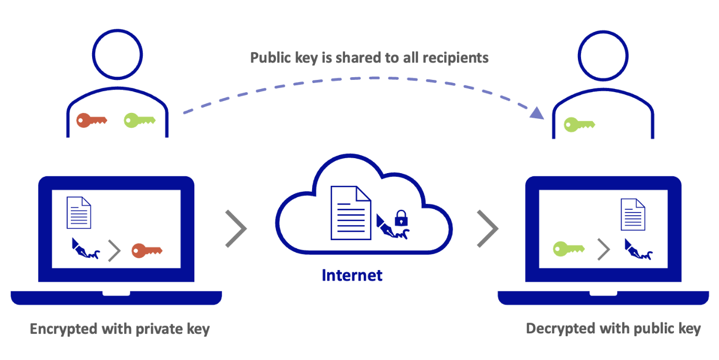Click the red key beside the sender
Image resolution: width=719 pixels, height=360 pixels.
click(91, 120)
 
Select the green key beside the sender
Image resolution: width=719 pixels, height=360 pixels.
click(139, 120)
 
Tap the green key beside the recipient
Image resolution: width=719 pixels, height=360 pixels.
click(579, 125)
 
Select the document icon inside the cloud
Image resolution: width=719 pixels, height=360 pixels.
click(350, 212)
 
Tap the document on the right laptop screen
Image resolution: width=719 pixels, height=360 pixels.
click(633, 214)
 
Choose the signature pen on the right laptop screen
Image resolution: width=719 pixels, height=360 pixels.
click(639, 249)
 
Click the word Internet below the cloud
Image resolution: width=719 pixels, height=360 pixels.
click(352, 275)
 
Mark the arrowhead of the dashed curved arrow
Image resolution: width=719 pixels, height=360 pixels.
click(536, 113)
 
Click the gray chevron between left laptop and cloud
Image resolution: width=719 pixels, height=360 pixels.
click(235, 228)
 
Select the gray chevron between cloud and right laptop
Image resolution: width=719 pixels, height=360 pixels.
click(487, 228)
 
